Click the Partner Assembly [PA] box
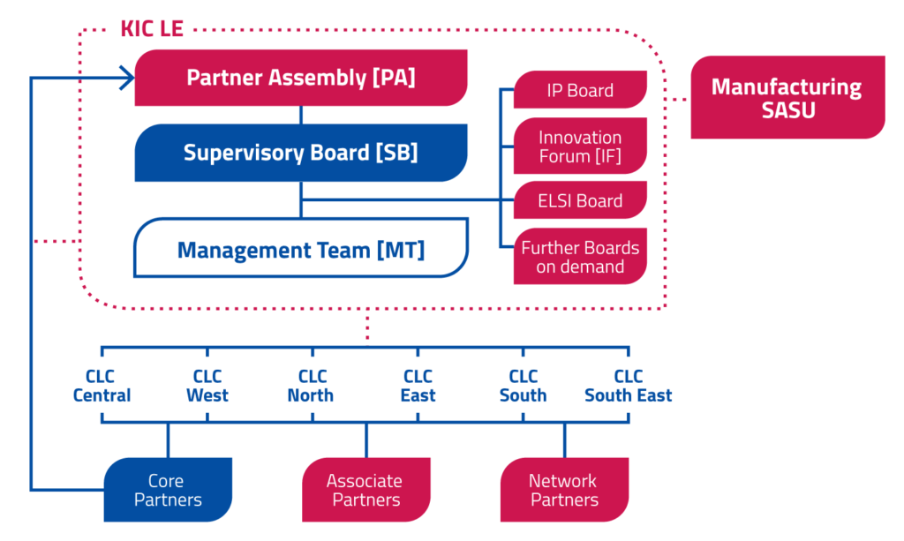[300, 78]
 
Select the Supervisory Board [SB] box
[300, 153]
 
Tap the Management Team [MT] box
[300, 248]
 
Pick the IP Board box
[580, 90]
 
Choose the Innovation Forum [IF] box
[580, 147]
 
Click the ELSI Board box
[580, 200]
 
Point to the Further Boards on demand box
[580, 257]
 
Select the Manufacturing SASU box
[787, 97]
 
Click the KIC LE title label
[152, 29]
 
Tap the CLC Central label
[102, 386]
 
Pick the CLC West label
[207, 386]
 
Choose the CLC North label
[312, 386]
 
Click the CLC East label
[418, 386]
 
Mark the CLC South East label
[629, 386]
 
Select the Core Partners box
[168, 490]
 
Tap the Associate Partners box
[366, 490]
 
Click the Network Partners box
[564, 490]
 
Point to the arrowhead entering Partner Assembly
[128, 78]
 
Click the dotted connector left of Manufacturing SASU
[677, 99]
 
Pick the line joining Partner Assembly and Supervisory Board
[300, 116]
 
